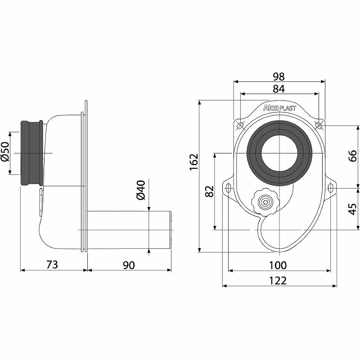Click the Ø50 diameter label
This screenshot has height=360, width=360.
click(5, 152)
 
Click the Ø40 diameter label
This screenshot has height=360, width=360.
click(141, 190)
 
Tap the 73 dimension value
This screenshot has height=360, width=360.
click(52, 265)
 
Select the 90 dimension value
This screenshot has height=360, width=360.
click(129, 265)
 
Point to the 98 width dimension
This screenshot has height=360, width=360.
click(279, 76)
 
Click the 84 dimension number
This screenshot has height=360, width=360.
click(279, 89)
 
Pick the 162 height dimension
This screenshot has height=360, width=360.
click(194, 162)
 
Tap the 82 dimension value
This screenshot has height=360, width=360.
click(209, 191)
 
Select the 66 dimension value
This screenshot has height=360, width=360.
click(353, 156)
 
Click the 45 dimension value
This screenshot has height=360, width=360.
click(353, 209)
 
